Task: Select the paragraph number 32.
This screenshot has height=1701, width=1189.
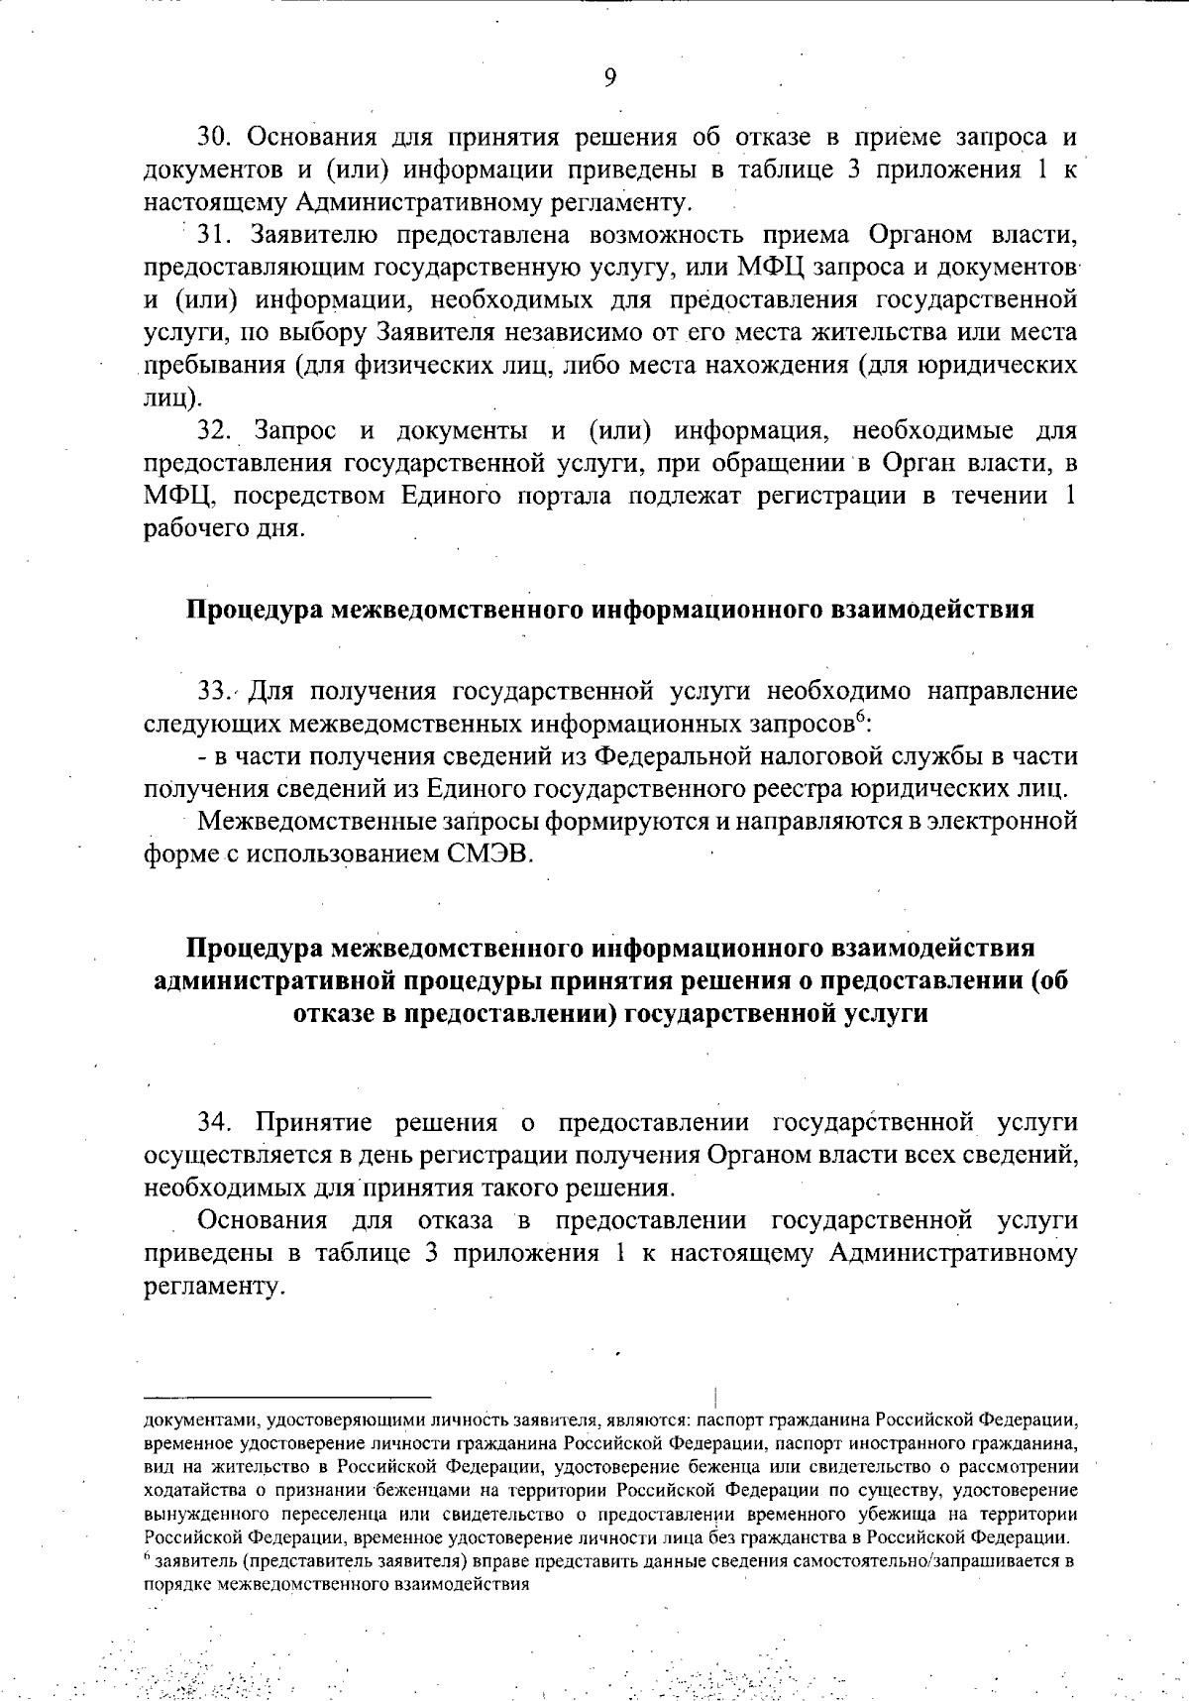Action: (215, 430)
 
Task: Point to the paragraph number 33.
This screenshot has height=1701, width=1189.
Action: (214, 691)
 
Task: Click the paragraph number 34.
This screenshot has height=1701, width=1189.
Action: (215, 1122)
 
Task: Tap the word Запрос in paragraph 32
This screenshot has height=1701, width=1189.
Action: (295, 430)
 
